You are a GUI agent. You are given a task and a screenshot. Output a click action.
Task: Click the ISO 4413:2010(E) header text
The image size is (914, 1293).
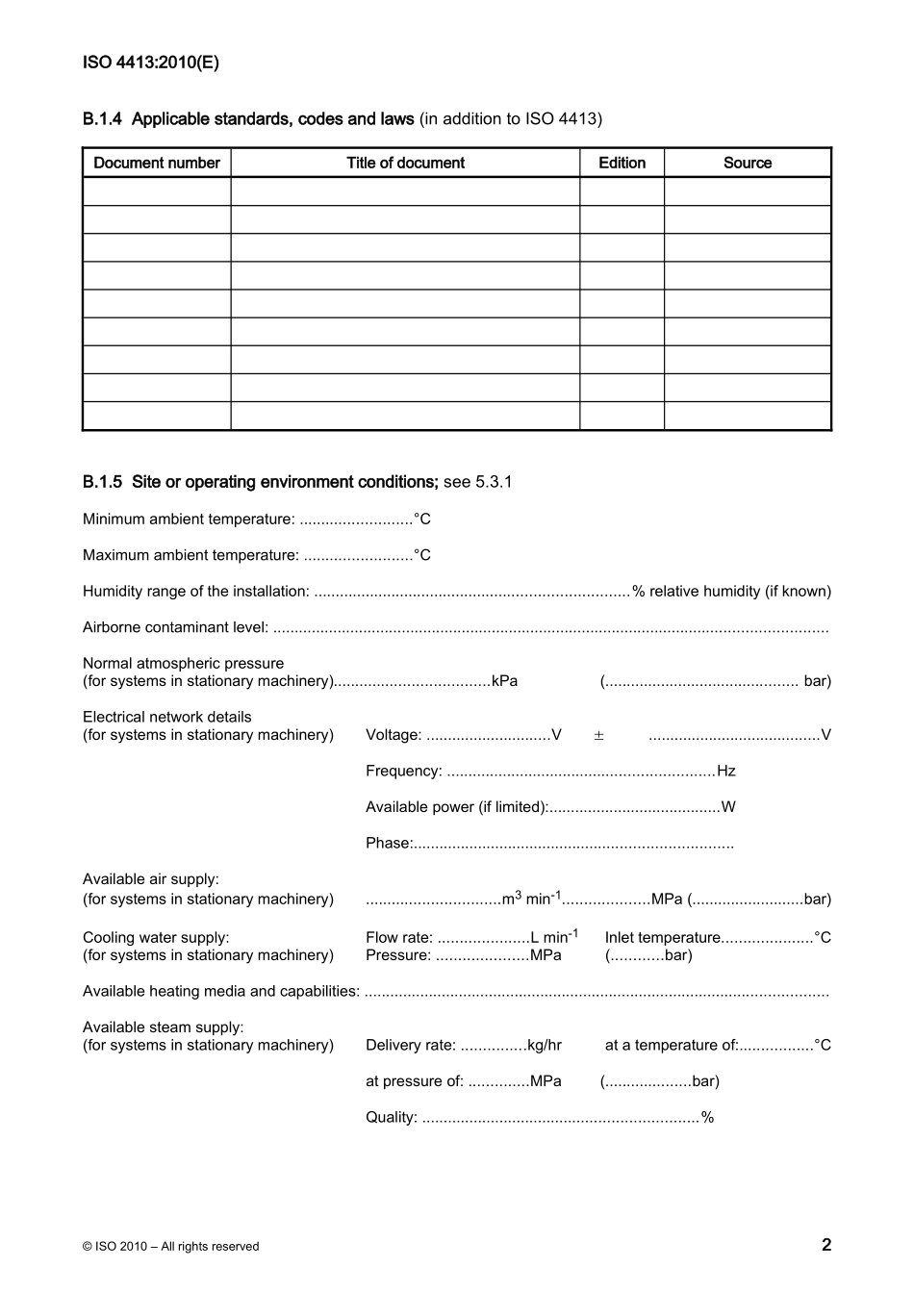coord(151,63)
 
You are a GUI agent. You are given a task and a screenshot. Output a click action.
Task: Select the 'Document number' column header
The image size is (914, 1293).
coord(157,163)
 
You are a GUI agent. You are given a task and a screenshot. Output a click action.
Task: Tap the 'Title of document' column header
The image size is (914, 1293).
coord(405,163)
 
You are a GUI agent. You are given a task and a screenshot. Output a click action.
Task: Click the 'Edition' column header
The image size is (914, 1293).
coord(622,163)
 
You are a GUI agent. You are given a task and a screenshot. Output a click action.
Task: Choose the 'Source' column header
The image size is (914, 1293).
coord(748,163)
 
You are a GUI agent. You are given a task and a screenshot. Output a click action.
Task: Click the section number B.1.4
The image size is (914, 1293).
coord(102,119)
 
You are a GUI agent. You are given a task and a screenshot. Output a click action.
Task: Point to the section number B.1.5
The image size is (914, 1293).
coord(102,482)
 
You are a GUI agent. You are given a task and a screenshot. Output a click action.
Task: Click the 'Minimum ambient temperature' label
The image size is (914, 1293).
coord(189,520)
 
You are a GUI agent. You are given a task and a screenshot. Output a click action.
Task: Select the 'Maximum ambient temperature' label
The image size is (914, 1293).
coord(190,555)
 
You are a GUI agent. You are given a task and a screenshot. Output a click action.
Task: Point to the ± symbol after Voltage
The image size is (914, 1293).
coord(598,735)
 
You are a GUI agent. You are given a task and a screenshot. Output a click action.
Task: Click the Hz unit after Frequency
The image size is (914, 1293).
coord(726,772)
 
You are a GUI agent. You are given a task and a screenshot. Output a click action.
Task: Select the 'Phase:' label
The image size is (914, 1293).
coord(389,844)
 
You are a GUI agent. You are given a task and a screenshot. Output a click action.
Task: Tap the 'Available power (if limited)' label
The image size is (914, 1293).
coord(456,807)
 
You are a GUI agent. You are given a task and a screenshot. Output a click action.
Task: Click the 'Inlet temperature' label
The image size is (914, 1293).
coord(662,937)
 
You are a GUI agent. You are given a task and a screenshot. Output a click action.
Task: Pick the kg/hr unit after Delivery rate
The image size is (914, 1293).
coord(545,1046)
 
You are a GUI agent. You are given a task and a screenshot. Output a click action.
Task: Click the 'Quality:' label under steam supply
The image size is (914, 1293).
coord(392,1118)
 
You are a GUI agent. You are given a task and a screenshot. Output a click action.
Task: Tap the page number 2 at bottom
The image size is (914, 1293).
coord(825,1244)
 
